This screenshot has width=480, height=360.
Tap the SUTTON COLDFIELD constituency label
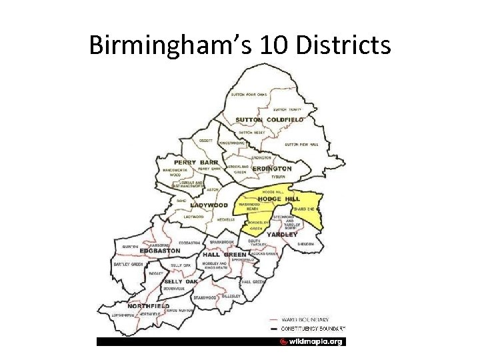(x=269, y=120)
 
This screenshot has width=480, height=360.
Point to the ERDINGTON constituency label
(x=272, y=169)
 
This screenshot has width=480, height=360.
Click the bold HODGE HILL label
(x=279, y=199)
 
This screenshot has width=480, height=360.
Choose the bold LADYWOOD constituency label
(x=209, y=205)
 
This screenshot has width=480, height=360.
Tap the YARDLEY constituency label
(x=282, y=235)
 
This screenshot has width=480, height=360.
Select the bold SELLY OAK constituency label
(x=181, y=281)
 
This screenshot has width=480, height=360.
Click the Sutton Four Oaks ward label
(x=249, y=95)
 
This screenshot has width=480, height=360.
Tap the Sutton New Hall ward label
(x=301, y=144)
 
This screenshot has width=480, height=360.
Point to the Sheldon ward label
(x=305, y=244)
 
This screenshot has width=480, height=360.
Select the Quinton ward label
(x=130, y=246)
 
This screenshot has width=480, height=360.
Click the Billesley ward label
(x=231, y=295)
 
